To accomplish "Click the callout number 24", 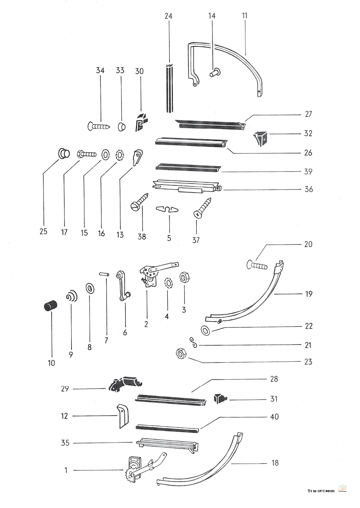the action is click(x=168, y=16).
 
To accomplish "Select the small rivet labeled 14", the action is click(x=214, y=72).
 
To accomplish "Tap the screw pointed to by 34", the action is click(x=99, y=126).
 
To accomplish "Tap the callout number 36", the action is click(x=309, y=189).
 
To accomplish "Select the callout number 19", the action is click(x=309, y=294).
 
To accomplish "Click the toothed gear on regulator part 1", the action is click(x=129, y=474).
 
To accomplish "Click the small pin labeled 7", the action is click(x=104, y=275).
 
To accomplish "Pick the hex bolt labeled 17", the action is click(x=87, y=155).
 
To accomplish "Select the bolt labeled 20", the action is click(x=257, y=265).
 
